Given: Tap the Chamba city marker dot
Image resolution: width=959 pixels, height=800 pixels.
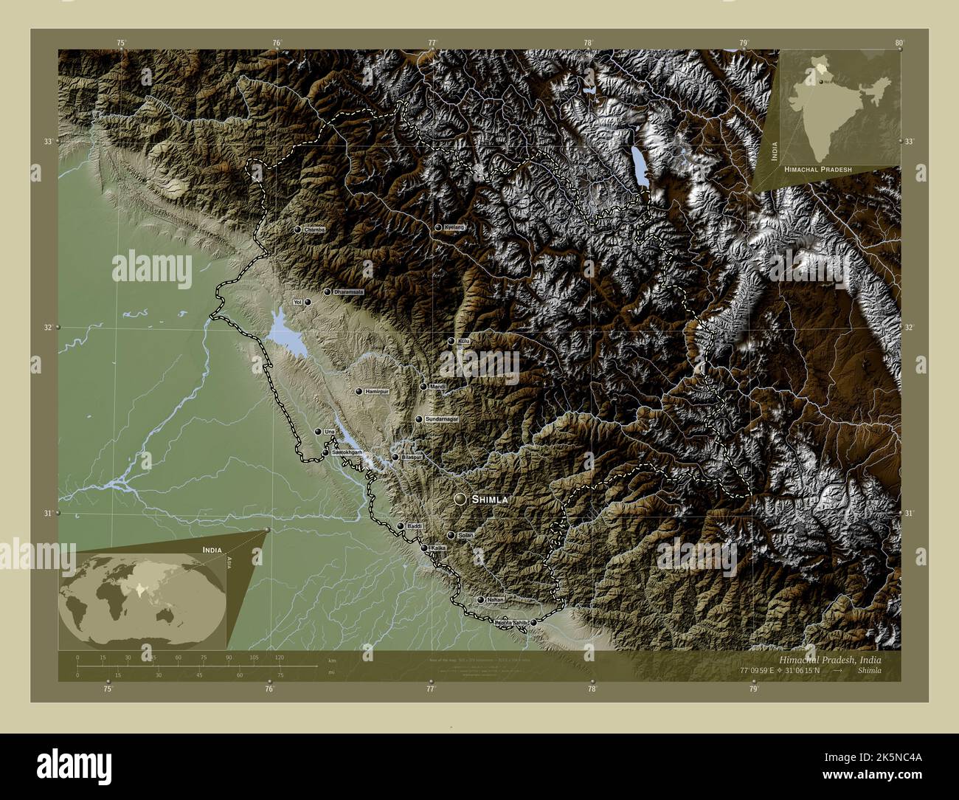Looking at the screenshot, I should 297,230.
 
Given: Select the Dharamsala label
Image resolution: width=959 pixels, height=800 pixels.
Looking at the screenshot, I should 349,293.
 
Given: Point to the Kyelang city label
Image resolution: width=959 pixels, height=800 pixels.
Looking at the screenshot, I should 454,227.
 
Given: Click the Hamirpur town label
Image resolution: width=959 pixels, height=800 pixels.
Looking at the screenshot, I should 375,391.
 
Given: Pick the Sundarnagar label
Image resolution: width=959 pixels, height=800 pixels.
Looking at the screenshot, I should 442,419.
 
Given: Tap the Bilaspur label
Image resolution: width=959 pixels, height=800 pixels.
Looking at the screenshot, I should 412,457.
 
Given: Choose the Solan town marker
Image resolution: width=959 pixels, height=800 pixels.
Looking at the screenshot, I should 451,535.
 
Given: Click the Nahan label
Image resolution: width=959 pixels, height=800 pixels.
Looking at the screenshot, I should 495,600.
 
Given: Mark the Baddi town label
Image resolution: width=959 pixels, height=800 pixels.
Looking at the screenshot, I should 414,525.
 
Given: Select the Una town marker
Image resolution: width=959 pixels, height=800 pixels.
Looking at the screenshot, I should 318,432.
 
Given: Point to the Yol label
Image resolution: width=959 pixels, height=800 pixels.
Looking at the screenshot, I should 298,303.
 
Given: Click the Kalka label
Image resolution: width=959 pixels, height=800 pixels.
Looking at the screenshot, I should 439,548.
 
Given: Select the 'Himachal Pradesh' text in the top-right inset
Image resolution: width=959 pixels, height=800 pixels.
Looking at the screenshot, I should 818,169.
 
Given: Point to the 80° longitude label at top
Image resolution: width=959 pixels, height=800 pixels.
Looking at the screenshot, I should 899,43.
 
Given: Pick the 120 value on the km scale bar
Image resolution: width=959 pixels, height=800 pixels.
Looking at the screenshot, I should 279,657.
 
